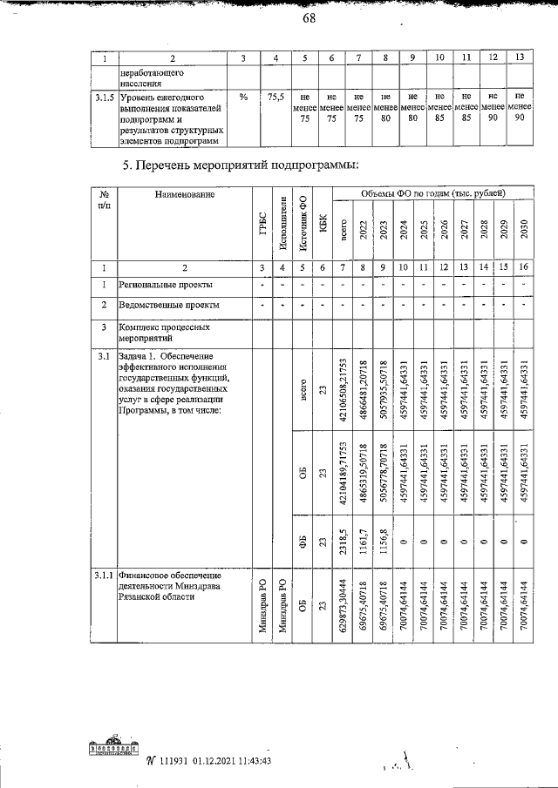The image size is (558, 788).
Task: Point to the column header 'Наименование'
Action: [185, 196]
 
